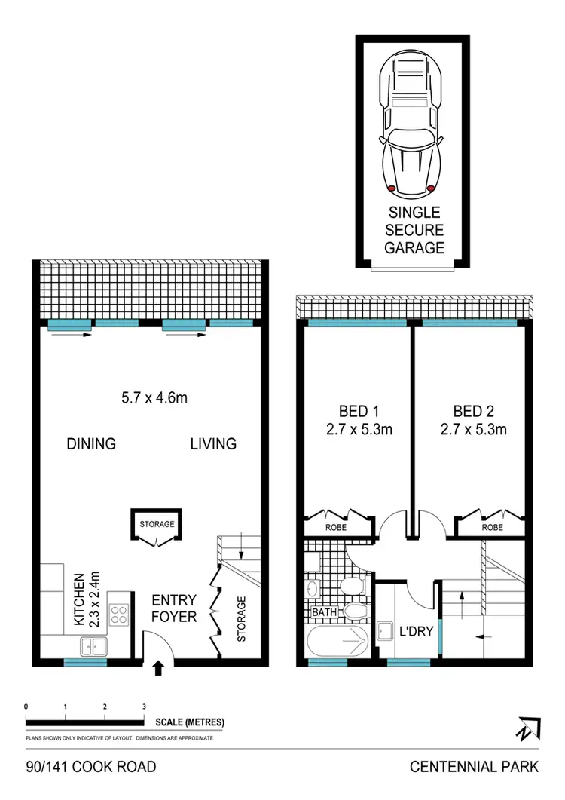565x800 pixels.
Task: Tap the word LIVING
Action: [x=213, y=443]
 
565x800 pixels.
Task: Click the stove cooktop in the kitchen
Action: [x=121, y=615]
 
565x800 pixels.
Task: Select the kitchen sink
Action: [x=95, y=645]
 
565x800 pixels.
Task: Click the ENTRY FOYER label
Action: [x=174, y=608]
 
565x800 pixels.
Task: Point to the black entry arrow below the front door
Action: [x=159, y=667]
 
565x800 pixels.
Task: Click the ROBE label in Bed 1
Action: [x=336, y=528]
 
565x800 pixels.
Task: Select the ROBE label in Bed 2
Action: [x=493, y=528]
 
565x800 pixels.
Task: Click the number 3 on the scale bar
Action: [x=144, y=707]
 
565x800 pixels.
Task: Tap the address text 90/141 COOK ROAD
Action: [x=91, y=767]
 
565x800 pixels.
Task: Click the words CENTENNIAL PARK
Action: [x=474, y=767]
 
